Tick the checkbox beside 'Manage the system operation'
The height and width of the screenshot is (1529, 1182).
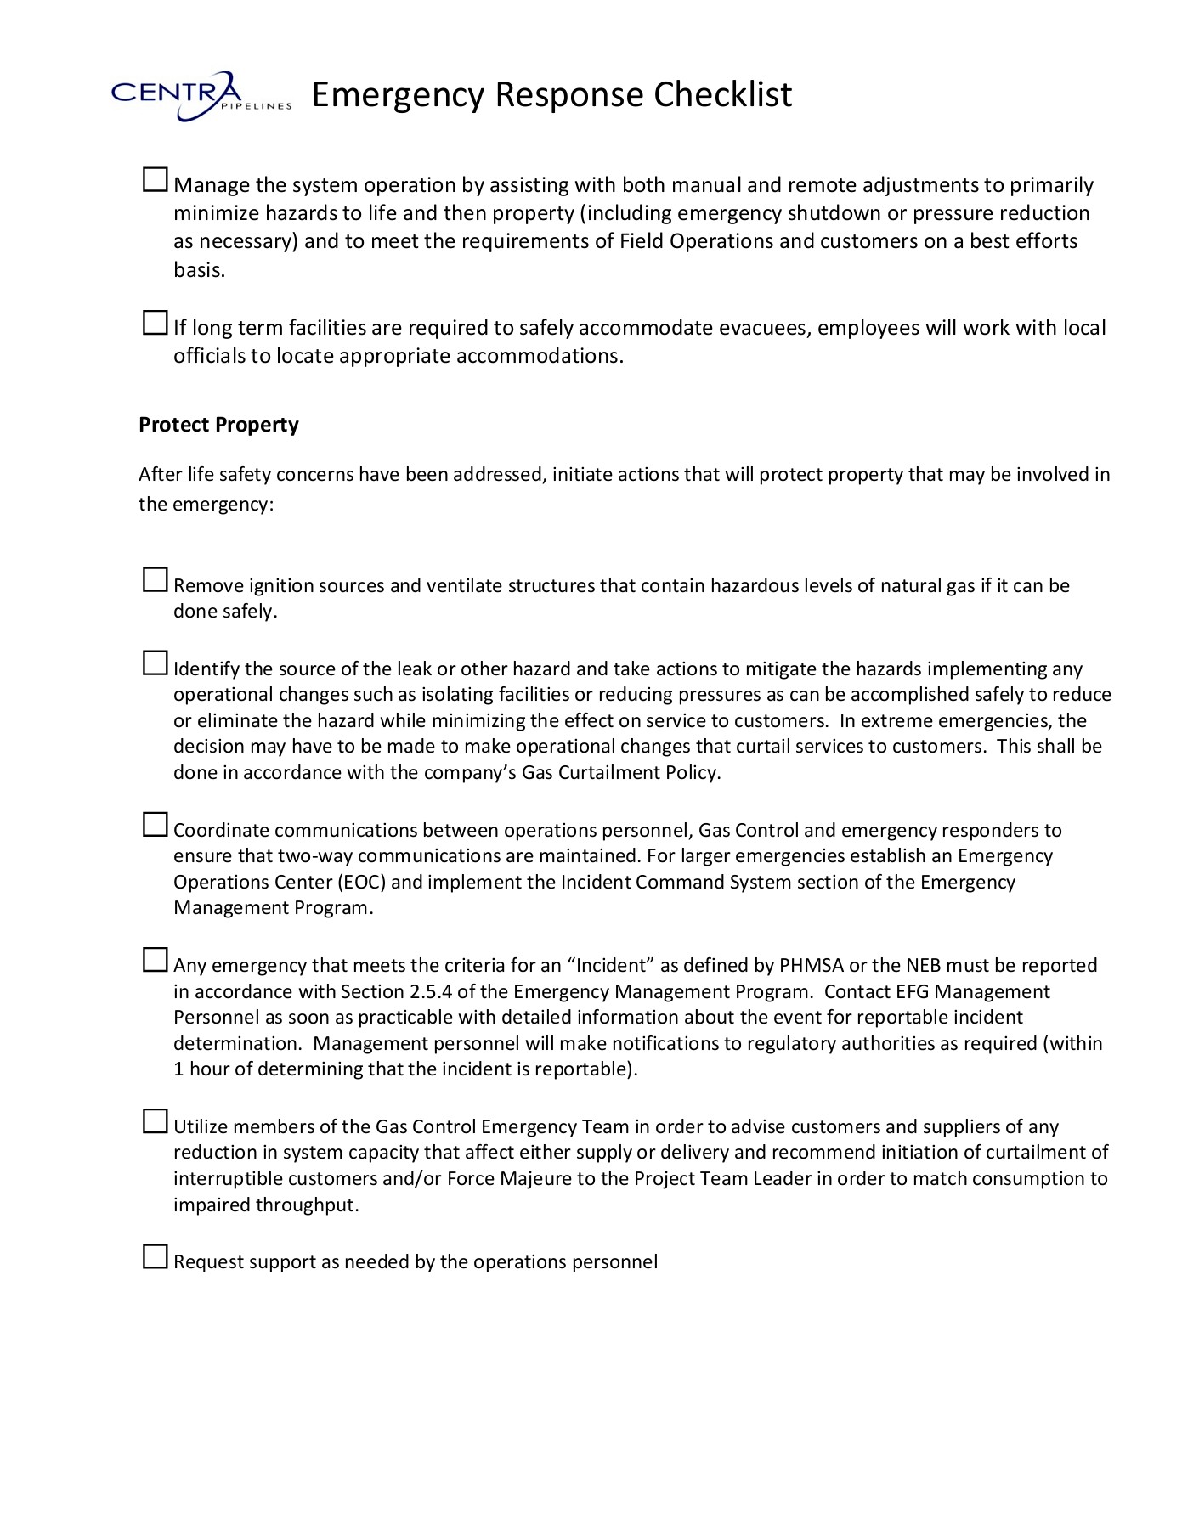pyautogui.click(x=155, y=179)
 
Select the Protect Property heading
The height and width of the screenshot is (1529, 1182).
pyautogui.click(x=218, y=425)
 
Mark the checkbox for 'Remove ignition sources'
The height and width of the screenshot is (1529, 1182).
pyautogui.click(x=155, y=580)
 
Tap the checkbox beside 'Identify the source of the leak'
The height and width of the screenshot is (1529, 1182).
pyautogui.click(x=155, y=663)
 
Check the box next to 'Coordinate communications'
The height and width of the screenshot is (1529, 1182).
pyautogui.click(x=155, y=825)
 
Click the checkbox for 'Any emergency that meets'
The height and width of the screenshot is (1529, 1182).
pyautogui.click(x=155, y=960)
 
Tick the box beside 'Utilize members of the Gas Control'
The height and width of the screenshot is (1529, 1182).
pyautogui.click(x=155, y=1121)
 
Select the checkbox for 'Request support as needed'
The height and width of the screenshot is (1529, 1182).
pyautogui.click(x=155, y=1256)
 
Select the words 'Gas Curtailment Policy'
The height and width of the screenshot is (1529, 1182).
pyautogui.click(x=620, y=773)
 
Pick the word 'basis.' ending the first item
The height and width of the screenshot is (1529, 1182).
pyautogui.click(x=200, y=270)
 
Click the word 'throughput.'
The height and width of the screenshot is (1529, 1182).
pyautogui.click(x=308, y=1205)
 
